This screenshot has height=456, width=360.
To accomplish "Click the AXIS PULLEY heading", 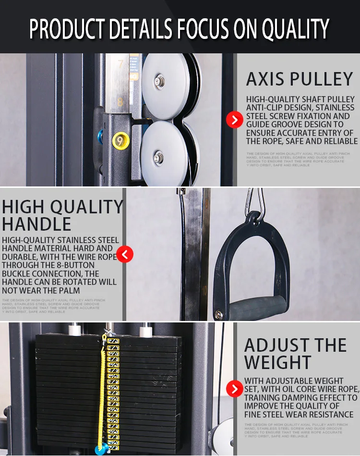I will pyautogui.click(x=300, y=79).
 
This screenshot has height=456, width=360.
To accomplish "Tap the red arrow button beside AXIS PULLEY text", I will pyautogui.click(x=234, y=120).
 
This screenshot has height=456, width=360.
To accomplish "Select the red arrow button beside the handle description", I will pyautogui.click(x=125, y=254).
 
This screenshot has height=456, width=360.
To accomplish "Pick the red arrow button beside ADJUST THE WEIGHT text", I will pyautogui.click(x=234, y=388).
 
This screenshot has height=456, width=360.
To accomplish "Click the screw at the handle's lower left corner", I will pyautogui.click(x=219, y=315).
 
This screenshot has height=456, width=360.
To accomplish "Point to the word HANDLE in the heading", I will pyautogui.click(x=36, y=224).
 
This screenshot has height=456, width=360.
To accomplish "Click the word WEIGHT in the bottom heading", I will pyautogui.click(x=278, y=362).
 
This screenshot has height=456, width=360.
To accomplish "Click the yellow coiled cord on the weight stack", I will pyautogui.click(x=102, y=389).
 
